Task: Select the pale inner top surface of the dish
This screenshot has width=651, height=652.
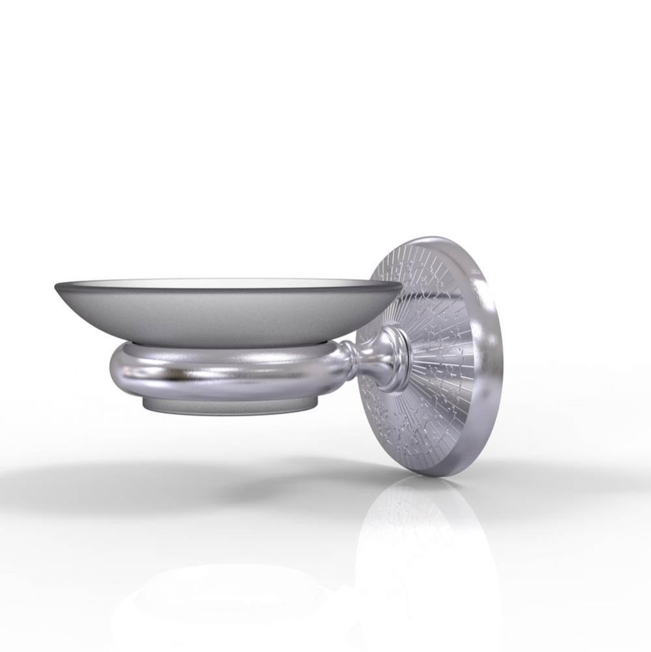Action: click(228, 284)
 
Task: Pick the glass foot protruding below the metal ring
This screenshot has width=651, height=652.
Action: click(228, 407)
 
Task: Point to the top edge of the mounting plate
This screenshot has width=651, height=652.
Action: click(427, 240)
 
